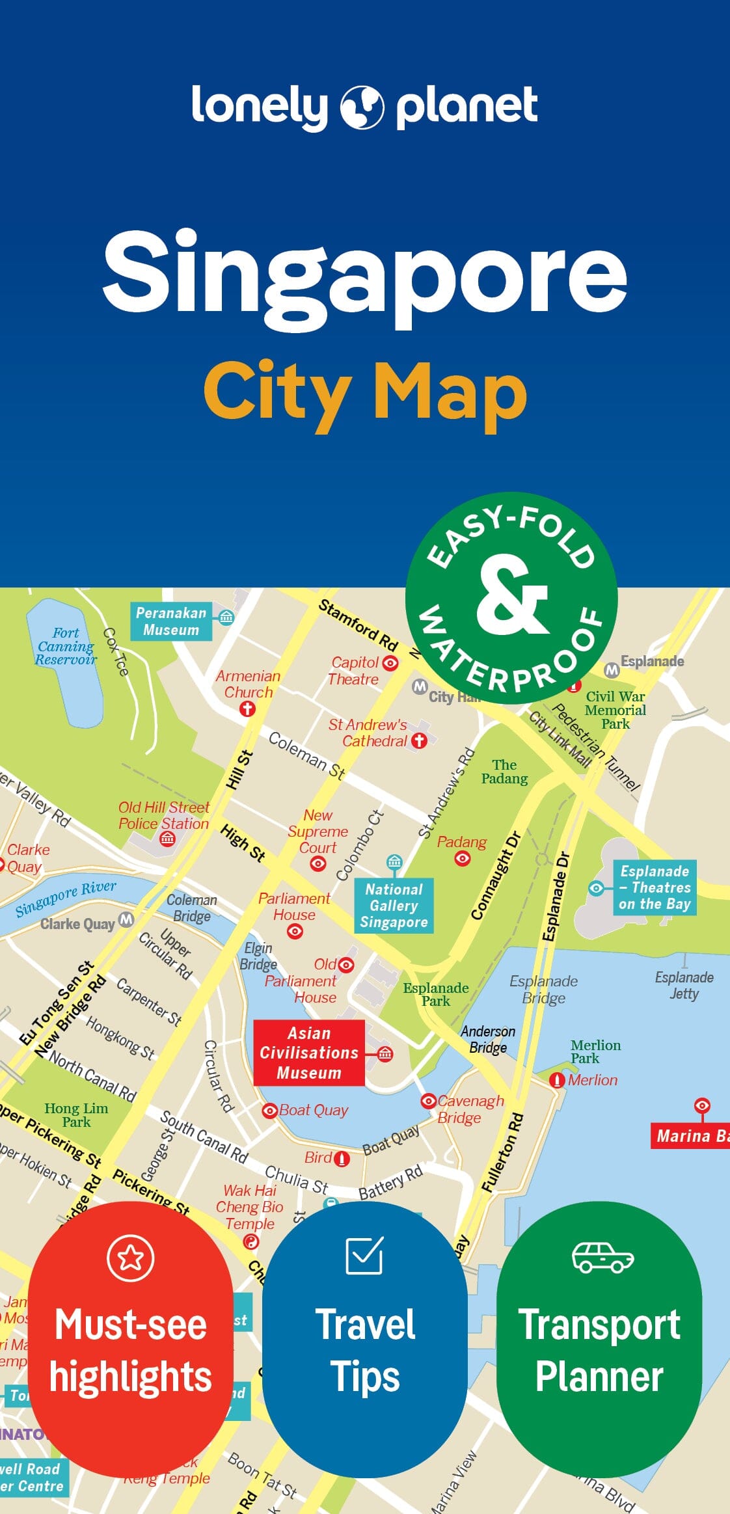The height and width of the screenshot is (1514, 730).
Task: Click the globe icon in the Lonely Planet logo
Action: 362,107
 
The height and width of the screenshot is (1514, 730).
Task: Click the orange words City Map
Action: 365,394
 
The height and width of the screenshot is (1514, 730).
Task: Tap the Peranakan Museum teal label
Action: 171,621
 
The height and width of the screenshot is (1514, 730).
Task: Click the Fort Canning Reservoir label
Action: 66,646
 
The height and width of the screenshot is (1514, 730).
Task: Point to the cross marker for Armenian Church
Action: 247,709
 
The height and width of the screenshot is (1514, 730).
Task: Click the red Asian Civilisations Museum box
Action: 309,1053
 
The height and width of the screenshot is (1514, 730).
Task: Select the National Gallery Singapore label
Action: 394,906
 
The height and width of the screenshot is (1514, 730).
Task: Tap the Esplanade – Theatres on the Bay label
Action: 655,887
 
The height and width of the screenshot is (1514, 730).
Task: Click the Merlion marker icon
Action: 557,1080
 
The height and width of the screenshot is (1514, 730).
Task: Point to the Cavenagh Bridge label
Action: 468,1109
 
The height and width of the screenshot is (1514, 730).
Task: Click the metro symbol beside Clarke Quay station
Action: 126,919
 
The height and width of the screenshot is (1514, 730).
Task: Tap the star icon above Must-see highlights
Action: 131,1258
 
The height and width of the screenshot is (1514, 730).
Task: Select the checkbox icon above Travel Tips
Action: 364,1256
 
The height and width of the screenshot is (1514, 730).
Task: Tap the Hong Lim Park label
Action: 76,1115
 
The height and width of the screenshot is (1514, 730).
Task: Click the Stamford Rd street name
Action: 357,625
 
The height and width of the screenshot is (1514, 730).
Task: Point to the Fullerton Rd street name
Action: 502,1152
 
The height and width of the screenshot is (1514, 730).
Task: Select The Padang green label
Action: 504,772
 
